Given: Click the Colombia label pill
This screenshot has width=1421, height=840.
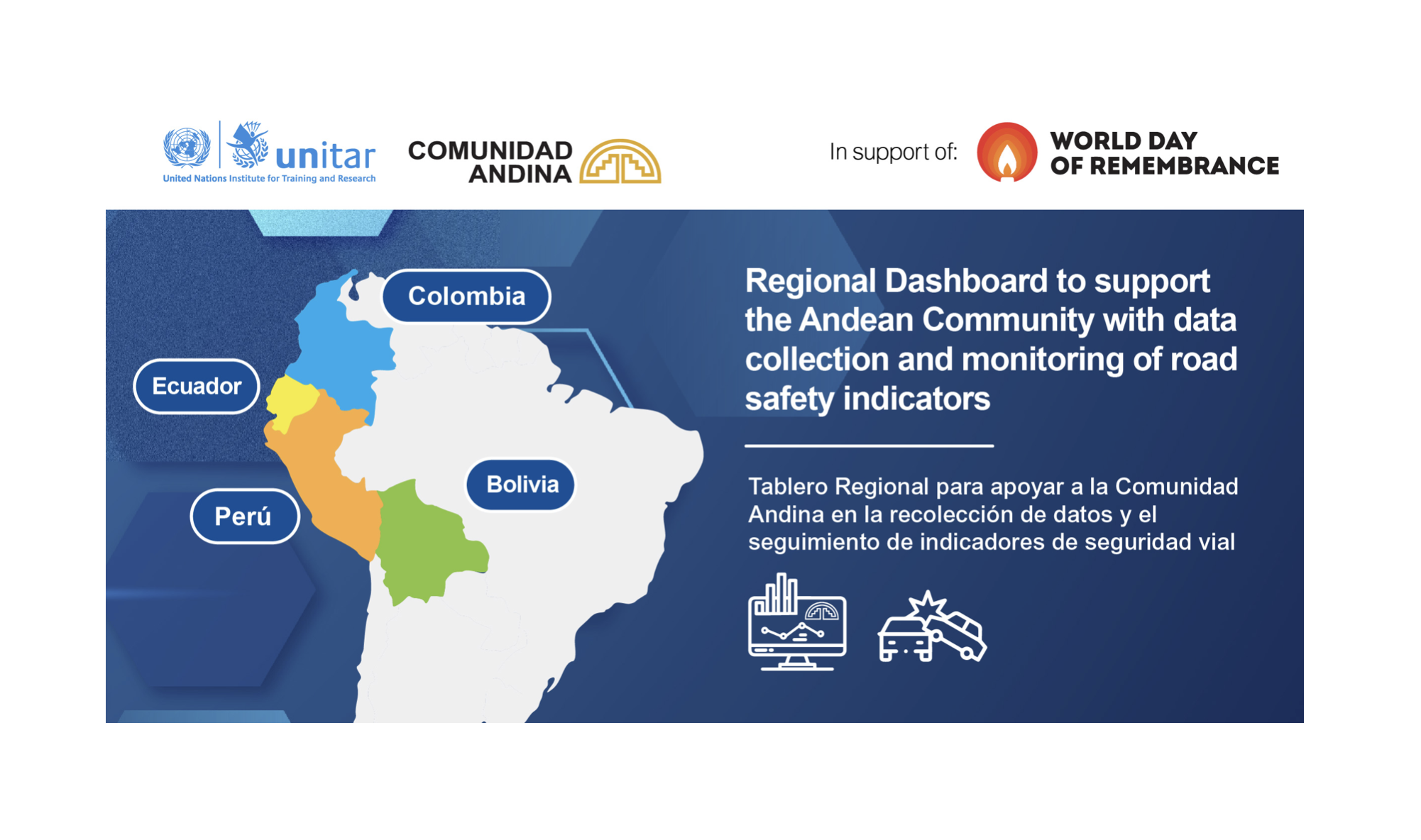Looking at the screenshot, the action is pyautogui.click(x=466, y=297).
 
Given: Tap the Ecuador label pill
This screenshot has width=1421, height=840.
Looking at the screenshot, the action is pyautogui.click(x=197, y=387).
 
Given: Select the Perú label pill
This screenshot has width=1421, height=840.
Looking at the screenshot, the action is pyautogui.click(x=245, y=516).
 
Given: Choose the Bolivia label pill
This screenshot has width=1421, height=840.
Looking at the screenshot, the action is pyautogui.click(x=520, y=485).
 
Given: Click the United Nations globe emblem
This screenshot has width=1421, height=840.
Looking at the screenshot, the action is pyautogui.click(x=187, y=148).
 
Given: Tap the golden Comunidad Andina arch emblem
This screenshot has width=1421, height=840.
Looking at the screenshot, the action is pyautogui.click(x=620, y=162).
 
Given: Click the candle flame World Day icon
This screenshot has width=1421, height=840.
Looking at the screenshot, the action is pyautogui.click(x=1006, y=152).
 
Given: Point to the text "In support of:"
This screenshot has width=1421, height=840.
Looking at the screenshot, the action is pyautogui.click(x=894, y=152).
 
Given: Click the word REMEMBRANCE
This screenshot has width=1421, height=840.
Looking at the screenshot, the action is pyautogui.click(x=1184, y=166).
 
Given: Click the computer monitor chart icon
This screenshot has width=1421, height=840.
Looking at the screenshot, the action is pyautogui.click(x=797, y=622).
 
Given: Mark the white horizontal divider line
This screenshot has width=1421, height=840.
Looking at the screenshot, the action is pyautogui.click(x=869, y=446).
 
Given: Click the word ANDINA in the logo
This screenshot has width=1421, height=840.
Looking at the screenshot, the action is pyautogui.click(x=520, y=174).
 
